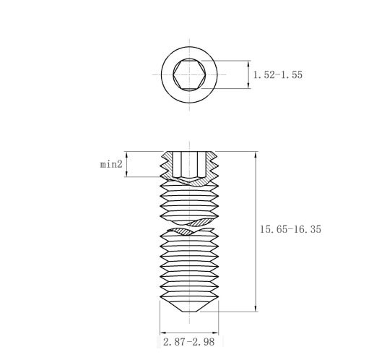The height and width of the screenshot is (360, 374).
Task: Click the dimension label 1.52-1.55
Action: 278,74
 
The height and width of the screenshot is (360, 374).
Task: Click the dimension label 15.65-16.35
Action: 290,229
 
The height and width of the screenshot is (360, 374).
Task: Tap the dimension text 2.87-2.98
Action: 188,342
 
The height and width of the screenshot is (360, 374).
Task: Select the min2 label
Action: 111,164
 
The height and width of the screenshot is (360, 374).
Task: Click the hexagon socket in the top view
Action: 189,74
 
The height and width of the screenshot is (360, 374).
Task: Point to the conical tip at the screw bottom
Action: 189,306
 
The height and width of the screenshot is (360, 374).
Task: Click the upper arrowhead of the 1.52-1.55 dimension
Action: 248,64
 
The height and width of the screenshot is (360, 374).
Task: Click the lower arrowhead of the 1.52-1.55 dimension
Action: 248,85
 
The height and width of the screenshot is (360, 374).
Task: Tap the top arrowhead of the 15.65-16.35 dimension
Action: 256,155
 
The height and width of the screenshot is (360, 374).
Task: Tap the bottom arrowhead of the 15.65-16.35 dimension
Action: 256,309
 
